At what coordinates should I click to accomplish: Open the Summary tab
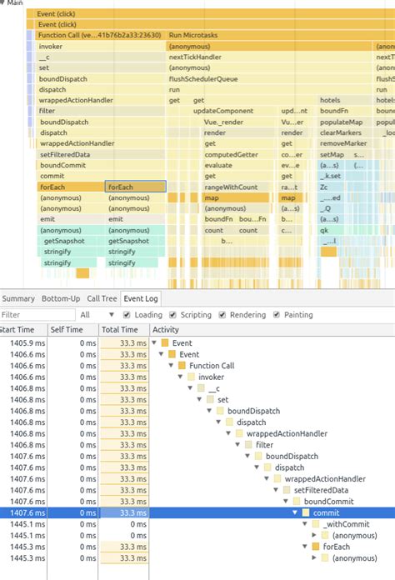18,298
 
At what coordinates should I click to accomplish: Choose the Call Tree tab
102,298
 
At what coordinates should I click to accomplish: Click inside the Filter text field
33,315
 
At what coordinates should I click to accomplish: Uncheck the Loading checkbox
127,315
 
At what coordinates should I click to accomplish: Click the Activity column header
165,330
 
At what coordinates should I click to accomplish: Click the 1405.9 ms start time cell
22,343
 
